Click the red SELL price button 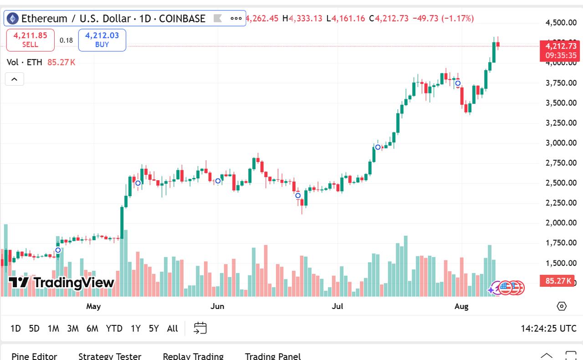click(x=31, y=40)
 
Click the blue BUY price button click(x=102, y=40)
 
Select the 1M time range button click(x=53, y=328)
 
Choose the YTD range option click(x=114, y=328)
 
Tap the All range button click(x=172, y=328)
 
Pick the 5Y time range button click(x=153, y=328)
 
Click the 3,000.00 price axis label click(x=561, y=143)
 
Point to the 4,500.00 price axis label click(x=561, y=23)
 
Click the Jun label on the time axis click(x=217, y=306)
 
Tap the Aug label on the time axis click(x=461, y=306)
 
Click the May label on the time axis click(x=93, y=306)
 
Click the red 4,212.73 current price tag click(x=561, y=46)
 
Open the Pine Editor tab click(x=35, y=356)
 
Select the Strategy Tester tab click(x=110, y=356)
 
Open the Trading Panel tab click(x=272, y=356)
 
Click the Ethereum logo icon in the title click(x=12, y=19)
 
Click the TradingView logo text click(x=61, y=282)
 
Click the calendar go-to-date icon click(x=200, y=328)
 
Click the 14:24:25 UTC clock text click(x=548, y=328)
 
